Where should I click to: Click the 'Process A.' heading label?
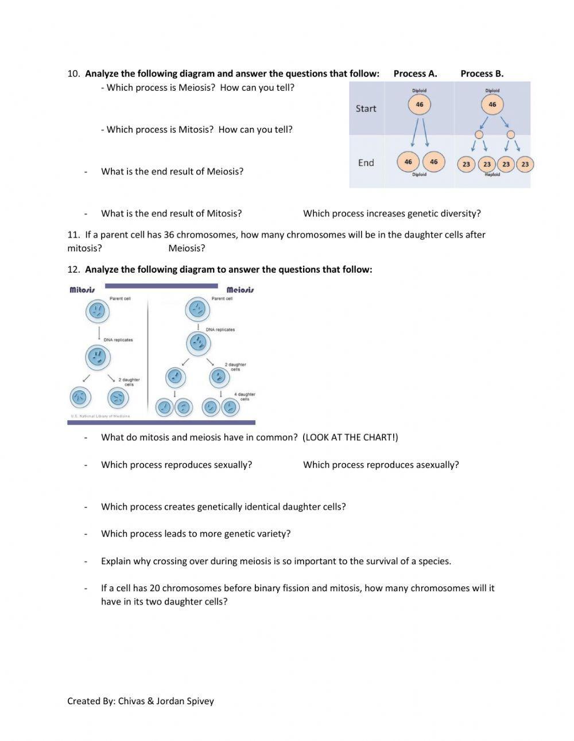tap(415, 73)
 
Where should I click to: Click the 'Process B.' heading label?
tap(482, 73)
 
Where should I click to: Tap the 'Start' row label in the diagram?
tap(366, 108)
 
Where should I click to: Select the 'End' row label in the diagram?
tap(366, 163)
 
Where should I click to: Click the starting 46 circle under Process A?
tap(419, 104)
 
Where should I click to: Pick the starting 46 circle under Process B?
tap(492, 104)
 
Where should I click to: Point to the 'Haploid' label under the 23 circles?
tap(492, 174)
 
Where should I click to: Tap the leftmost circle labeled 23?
tap(466, 164)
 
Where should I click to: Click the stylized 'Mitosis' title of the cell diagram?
tap(82, 290)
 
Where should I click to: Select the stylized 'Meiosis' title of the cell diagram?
tap(240, 290)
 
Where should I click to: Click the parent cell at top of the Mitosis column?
tap(98, 312)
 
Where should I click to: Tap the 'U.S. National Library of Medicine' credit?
tap(100, 416)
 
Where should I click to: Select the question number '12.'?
tap(73, 270)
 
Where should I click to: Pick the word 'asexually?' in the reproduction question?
tap(436, 465)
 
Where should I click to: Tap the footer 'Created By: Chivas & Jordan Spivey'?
tap(140, 701)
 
